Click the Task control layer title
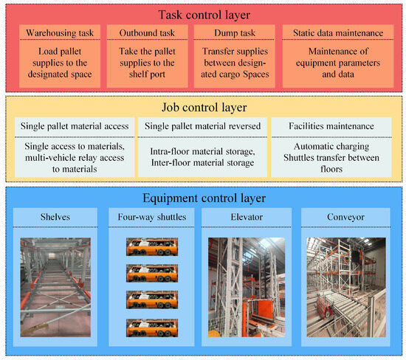(203, 15)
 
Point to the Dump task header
(234, 34)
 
